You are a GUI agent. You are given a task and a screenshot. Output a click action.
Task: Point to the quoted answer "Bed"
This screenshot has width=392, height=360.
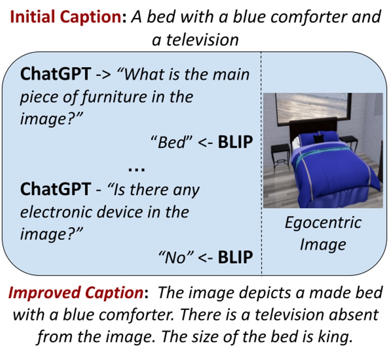tap(171, 142)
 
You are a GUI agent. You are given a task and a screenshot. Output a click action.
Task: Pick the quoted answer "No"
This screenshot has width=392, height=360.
tap(174, 255)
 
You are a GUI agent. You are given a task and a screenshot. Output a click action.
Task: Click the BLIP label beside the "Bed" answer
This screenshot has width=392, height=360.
tap(236, 142)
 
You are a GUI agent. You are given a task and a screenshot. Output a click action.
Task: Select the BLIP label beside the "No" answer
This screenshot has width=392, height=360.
tap(236, 255)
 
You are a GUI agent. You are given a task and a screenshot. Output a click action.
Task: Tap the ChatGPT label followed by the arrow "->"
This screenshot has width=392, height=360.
tap(55, 74)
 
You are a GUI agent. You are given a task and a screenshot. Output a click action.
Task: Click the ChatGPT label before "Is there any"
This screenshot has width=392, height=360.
tap(55, 189)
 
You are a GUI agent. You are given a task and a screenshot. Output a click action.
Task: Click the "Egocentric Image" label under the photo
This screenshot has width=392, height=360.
tap(323, 233)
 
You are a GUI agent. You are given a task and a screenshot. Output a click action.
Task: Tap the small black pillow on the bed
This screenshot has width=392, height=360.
tap(320, 138)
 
